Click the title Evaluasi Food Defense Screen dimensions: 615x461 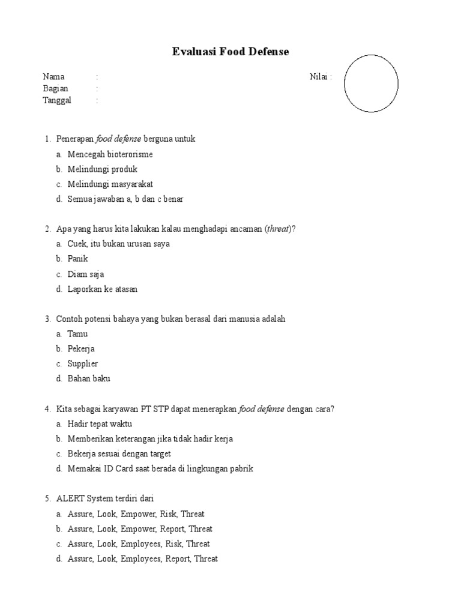pyautogui.click(x=230, y=52)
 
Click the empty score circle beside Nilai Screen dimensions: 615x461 pyautogui.click(x=371, y=83)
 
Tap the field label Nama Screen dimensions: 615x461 pyautogui.click(x=53, y=77)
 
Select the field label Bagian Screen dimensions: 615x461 pyautogui.click(x=55, y=89)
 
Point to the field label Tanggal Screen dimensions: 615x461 pyautogui.click(x=57, y=100)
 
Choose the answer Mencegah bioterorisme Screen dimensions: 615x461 pyautogui.click(x=110, y=154)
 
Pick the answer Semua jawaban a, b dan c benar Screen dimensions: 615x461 pyautogui.click(x=125, y=199)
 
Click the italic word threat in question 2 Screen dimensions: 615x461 pyautogui.click(x=278, y=229)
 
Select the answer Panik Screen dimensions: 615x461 pyautogui.click(x=78, y=259)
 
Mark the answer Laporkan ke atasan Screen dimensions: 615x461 pyautogui.click(x=102, y=289)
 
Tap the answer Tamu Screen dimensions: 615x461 pyautogui.click(x=77, y=334)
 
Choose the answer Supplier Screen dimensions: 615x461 pyautogui.click(x=83, y=364)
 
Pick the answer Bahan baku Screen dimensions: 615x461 pyautogui.click(x=89, y=379)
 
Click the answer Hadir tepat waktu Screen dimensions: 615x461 pyautogui.click(x=100, y=424)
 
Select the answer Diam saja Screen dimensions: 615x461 pyautogui.click(x=86, y=274)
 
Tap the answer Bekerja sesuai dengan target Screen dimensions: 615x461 pyautogui.click(x=124, y=454)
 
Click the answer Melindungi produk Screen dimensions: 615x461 pyautogui.click(x=103, y=169)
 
